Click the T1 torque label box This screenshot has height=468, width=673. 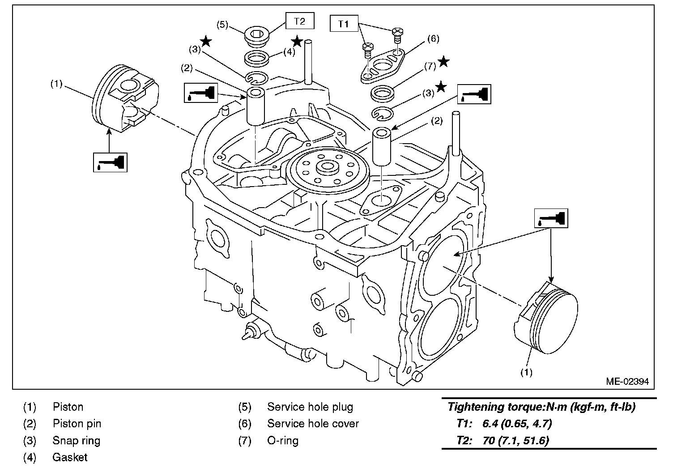[344, 24]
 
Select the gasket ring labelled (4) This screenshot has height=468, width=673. [257, 58]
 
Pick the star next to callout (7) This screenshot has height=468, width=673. [443, 62]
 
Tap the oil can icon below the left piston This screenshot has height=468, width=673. [110, 162]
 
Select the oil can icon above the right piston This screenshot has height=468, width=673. [551, 219]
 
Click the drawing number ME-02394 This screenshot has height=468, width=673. [627, 382]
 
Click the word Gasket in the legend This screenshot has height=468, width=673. [70, 457]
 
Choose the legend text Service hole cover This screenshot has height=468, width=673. [313, 423]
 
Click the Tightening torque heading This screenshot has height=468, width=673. [541, 407]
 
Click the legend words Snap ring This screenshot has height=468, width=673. [76, 440]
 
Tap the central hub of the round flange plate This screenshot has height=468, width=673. [327, 169]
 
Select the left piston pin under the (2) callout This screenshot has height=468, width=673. [256, 107]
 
